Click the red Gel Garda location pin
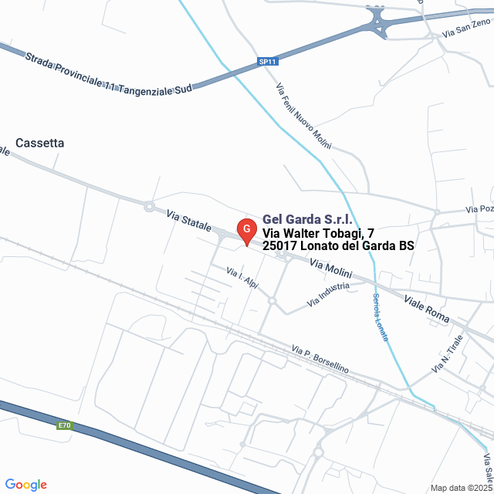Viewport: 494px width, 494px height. click(x=246, y=231)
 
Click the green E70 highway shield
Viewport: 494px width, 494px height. click(x=64, y=425)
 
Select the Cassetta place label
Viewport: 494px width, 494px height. click(x=40, y=143)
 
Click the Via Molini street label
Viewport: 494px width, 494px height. click(x=330, y=269)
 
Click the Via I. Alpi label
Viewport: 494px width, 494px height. click(x=242, y=278)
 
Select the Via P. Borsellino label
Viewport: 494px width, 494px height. click(x=320, y=360)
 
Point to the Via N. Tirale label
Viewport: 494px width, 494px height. click(x=448, y=354)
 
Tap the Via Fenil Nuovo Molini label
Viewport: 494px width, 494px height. click(x=303, y=114)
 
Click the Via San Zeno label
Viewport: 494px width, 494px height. click(x=466, y=29)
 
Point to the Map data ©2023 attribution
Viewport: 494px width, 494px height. click(x=461, y=488)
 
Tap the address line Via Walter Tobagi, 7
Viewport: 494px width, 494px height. click(x=319, y=232)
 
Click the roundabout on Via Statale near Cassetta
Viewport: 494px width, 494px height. click(x=147, y=205)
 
